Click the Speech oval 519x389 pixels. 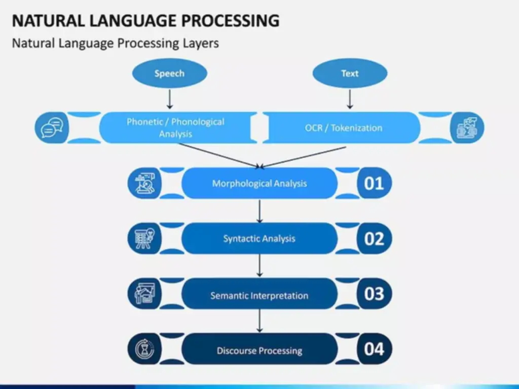coord(169,73)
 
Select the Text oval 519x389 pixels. coord(350,73)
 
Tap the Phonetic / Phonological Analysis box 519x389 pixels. coord(175,128)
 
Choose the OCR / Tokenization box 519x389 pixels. coord(344,128)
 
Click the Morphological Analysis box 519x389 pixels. coord(259,183)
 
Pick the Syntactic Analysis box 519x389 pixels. coord(259,239)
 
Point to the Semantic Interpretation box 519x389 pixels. coord(259,295)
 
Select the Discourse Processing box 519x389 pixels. coord(259,351)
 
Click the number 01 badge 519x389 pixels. coord(374,183)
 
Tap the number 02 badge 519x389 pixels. coord(374,239)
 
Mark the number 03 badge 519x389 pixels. coord(374,294)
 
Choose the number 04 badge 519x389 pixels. coord(374,349)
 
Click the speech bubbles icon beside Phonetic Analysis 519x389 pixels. coord(51,128)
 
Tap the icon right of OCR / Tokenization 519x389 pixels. coord(467,128)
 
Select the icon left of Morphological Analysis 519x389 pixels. coord(144,183)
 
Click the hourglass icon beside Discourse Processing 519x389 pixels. coord(144,349)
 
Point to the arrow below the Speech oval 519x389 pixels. coord(170,99)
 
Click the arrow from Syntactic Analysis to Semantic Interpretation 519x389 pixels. coord(260,266)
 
